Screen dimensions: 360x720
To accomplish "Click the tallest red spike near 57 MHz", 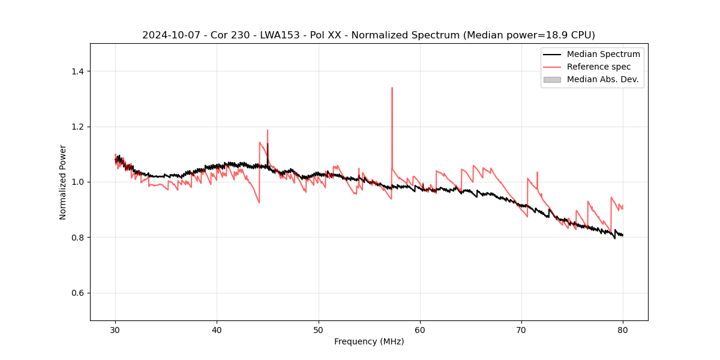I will tap(392, 88).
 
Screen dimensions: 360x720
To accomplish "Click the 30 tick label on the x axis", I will tap(115, 330).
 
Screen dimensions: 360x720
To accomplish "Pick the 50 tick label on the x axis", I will tap(318, 330).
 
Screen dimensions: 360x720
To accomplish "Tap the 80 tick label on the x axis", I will tap(623, 330).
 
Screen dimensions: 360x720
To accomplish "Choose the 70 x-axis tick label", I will tap(521, 330).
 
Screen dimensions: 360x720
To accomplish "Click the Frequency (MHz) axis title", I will tap(369, 341).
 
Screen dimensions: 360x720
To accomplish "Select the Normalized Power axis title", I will tap(63, 182).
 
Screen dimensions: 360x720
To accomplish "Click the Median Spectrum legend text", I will tap(603, 54).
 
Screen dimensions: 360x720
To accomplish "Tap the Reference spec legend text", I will tap(599, 67).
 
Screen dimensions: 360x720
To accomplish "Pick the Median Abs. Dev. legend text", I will tap(603, 79).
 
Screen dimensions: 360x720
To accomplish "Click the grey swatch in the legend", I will tap(552, 79).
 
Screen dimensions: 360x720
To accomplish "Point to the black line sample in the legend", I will tap(552, 54).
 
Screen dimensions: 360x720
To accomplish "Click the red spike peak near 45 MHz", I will tap(268, 130).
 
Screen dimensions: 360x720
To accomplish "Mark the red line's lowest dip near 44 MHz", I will tap(259, 202).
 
